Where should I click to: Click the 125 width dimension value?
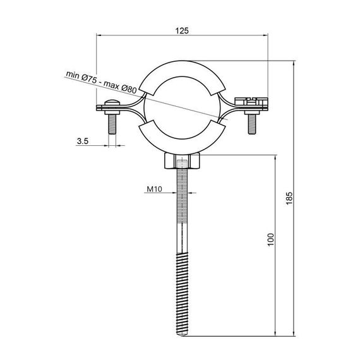click(x=182, y=30)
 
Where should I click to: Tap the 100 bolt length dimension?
click(x=270, y=238)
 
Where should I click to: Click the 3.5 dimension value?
click(x=83, y=141)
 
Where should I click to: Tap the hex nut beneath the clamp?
click(x=182, y=163)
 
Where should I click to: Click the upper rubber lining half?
click(x=182, y=71)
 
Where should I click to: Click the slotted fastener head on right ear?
click(x=251, y=100)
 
